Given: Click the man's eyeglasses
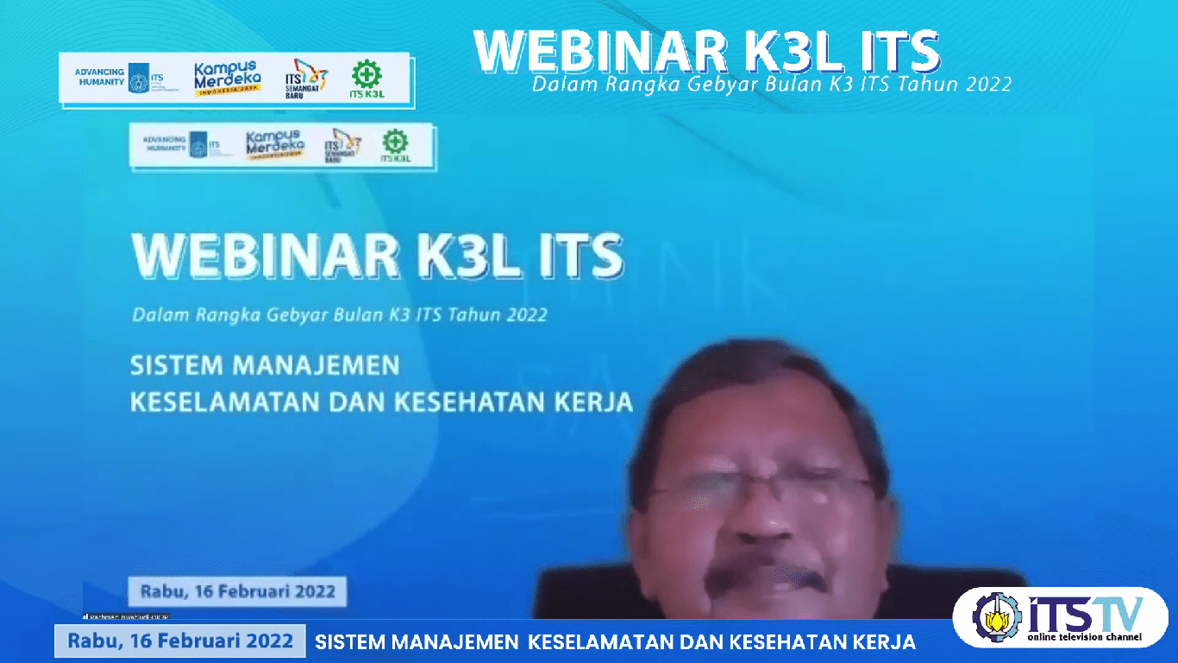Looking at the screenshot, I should [759, 490].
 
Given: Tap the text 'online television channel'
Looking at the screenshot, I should [1084, 638].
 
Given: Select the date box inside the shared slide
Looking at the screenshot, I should [237, 592].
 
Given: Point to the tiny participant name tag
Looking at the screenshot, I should [126, 616].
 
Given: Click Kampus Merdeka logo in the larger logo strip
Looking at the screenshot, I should [227, 79].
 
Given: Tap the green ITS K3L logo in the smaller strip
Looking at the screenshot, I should [396, 147].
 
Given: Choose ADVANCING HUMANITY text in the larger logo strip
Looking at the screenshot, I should [99, 77].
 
